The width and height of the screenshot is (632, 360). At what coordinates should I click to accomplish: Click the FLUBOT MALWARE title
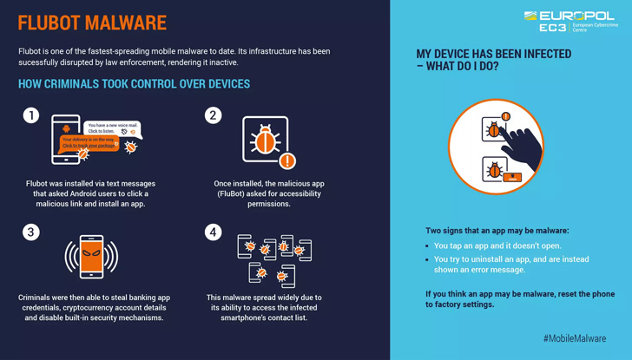click(x=92, y=23)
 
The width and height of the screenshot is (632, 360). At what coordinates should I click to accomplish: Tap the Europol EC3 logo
click(x=570, y=21)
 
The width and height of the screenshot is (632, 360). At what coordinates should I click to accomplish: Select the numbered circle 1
click(x=31, y=115)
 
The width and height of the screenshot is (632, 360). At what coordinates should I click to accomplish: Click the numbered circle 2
click(x=213, y=115)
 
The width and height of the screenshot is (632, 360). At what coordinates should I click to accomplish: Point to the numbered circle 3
click(x=31, y=232)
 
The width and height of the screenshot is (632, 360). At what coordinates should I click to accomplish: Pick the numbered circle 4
click(x=213, y=232)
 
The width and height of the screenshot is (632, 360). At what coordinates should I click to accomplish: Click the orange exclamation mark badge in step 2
click(x=287, y=160)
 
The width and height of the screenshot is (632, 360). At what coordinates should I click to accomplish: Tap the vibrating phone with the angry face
click(x=91, y=257)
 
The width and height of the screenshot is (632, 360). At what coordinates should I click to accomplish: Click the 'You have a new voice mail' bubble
click(x=113, y=128)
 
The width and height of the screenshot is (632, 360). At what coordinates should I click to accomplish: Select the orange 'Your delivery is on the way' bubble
click(x=89, y=142)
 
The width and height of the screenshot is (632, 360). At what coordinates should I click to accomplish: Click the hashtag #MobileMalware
click(x=574, y=338)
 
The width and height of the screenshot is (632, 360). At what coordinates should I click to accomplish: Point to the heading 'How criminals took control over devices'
click(x=134, y=84)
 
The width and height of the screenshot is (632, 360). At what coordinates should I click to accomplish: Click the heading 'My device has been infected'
click(x=493, y=60)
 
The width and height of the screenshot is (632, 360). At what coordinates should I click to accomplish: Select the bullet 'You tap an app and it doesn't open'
click(x=497, y=246)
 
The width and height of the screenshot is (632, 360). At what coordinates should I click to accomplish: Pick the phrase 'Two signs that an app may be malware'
click(x=497, y=231)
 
